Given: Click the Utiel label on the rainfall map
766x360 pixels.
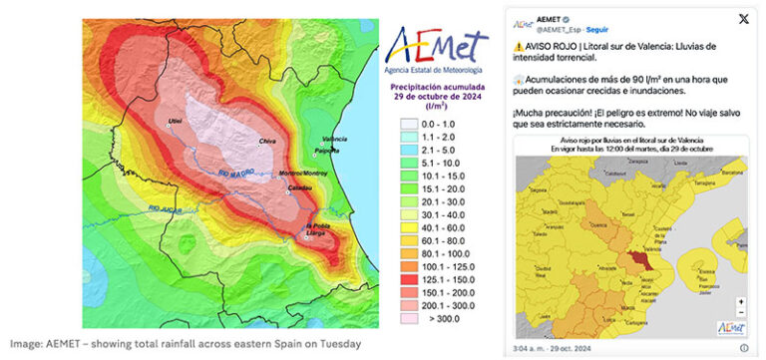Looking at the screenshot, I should [177, 121].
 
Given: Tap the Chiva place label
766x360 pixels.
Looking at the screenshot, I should [266, 143].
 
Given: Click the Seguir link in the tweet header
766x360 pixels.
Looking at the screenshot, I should [597, 30].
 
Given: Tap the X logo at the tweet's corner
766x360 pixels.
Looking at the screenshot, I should [743, 21].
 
